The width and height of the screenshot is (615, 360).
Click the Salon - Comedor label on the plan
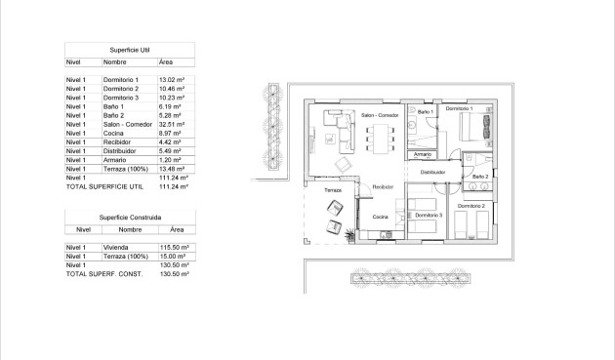(x=380, y=116)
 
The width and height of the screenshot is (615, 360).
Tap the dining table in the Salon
(x=375, y=141)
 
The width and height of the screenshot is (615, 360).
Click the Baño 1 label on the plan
(x=425, y=112)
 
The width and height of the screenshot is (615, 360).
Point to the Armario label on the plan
(x=423, y=154)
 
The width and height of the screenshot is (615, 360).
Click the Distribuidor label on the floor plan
(x=432, y=173)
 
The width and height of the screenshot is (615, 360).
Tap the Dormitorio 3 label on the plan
(x=429, y=214)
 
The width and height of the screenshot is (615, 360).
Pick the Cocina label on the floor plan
(x=380, y=218)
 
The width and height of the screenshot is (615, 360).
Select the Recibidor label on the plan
(x=382, y=185)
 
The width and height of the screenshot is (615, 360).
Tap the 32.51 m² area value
(x=173, y=125)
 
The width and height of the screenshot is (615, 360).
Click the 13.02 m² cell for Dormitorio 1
(x=172, y=79)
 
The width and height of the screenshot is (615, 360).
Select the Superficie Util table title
(x=129, y=48)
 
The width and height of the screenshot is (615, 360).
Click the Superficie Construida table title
(x=129, y=217)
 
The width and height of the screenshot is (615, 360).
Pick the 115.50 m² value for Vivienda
(x=174, y=248)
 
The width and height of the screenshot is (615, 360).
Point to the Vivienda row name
(x=117, y=248)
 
